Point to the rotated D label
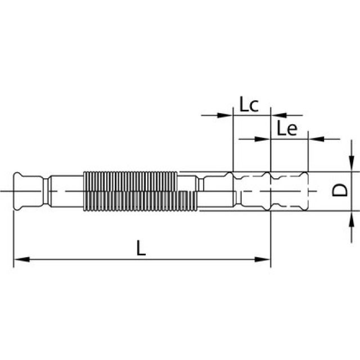tap(338, 191)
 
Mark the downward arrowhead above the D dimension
tap(351, 164)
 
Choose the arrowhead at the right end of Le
tap(314, 138)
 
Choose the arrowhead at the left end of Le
tap(264, 138)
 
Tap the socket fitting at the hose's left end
tap(28, 191)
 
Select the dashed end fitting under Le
tap(289, 191)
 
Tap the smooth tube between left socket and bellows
tap(65, 191)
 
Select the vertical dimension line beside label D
tap(351, 191)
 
